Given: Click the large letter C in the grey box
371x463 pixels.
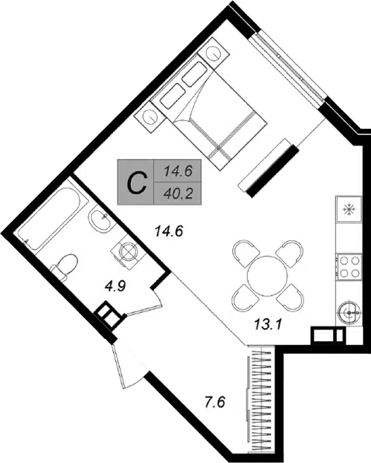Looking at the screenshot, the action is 137,183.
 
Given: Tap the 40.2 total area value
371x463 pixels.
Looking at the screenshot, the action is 178,194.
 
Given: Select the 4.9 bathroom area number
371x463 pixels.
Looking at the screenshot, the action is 115,285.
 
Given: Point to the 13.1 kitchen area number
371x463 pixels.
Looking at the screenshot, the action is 268,325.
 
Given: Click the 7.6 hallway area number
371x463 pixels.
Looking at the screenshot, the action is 215,403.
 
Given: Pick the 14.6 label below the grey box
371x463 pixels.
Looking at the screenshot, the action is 170,231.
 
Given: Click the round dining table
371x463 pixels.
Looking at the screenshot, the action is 267,275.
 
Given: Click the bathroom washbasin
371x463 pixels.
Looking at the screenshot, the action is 100,221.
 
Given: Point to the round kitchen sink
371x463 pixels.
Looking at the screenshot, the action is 349,313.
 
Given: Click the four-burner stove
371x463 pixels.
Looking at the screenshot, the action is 349,267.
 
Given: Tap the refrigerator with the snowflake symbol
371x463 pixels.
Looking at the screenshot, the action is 349,209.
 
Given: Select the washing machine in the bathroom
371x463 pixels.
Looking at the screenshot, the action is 129,251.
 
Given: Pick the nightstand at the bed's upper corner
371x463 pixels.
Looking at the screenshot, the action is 214,54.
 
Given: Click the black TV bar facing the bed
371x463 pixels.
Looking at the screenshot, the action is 273,171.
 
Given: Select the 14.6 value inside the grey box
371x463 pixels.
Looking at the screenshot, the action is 178,171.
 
